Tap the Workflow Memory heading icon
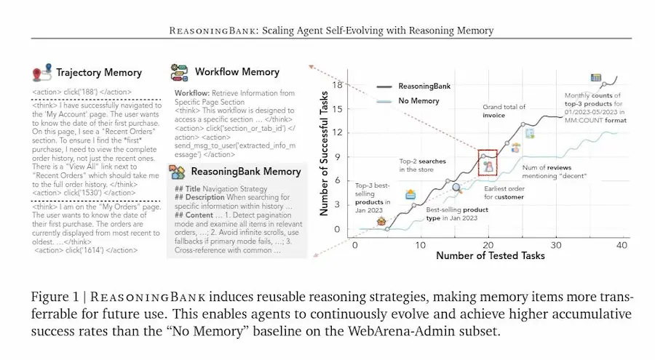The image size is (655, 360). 179,72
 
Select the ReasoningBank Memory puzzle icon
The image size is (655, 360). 177,172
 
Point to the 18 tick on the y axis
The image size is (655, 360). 337,85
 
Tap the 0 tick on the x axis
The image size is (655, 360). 354,244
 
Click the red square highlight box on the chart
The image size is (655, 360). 487,163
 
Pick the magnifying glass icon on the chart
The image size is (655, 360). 457,188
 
